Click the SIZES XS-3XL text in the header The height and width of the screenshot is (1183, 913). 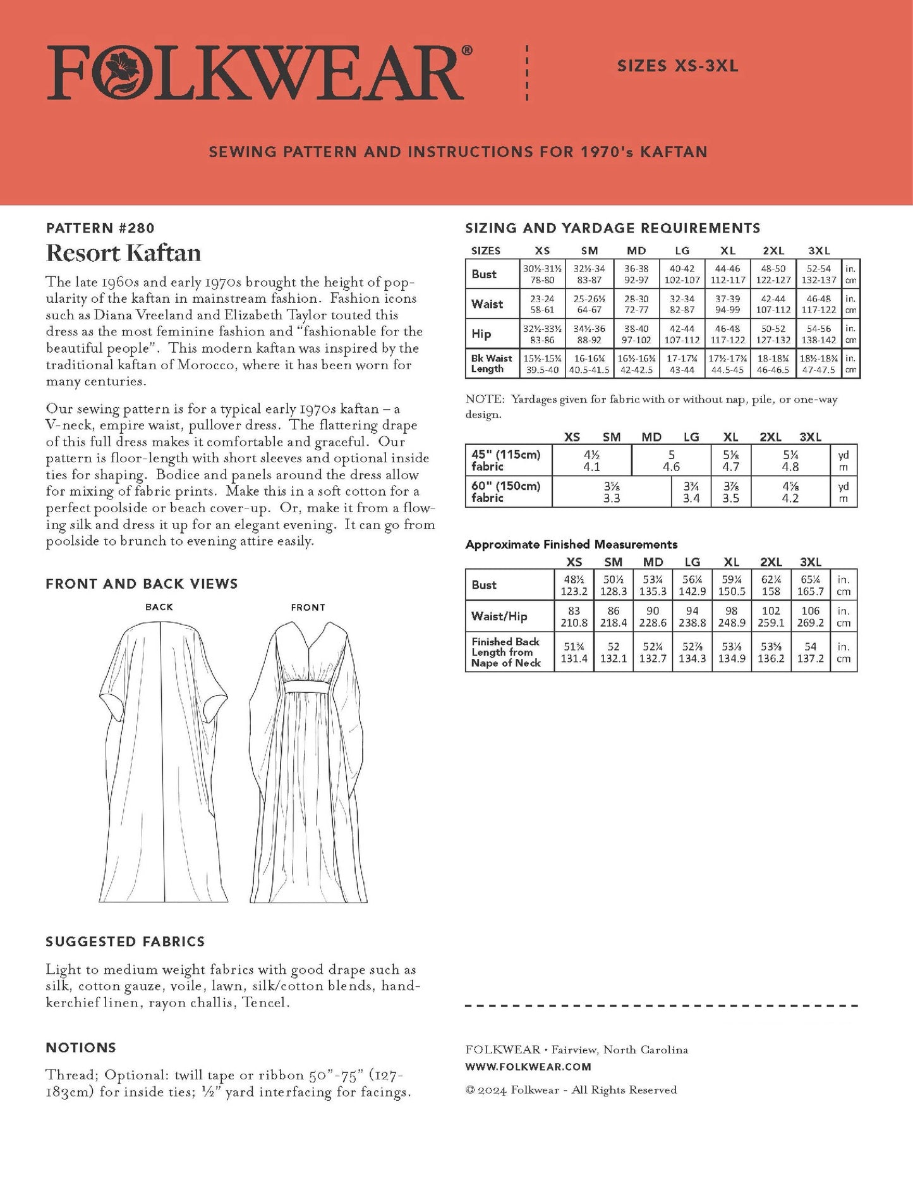pyautogui.click(x=677, y=66)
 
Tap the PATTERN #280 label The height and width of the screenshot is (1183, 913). pyautogui.click(x=100, y=228)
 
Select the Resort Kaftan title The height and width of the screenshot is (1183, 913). pyautogui.click(x=124, y=253)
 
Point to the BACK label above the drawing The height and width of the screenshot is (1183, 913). pyautogui.click(x=159, y=607)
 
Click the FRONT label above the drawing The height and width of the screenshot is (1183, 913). pyautogui.click(x=308, y=607)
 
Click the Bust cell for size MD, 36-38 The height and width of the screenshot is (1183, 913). pyautogui.click(x=636, y=274)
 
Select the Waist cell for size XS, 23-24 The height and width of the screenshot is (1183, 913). pyautogui.click(x=542, y=304)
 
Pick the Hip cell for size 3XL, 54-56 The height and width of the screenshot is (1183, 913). pyautogui.click(x=819, y=334)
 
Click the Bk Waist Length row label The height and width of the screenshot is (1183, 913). pyautogui.click(x=491, y=364)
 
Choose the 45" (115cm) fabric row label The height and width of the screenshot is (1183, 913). pyautogui.click(x=505, y=460)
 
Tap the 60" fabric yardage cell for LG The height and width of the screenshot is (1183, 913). pyautogui.click(x=691, y=492)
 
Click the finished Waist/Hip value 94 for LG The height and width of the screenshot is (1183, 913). pyautogui.click(x=692, y=616)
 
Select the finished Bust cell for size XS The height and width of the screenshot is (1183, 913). pyautogui.click(x=574, y=585)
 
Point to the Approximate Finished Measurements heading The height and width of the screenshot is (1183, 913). pyautogui.click(x=571, y=544)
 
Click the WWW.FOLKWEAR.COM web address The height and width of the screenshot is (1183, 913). pyautogui.click(x=528, y=1067)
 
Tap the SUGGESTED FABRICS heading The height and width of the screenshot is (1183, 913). pyautogui.click(x=125, y=941)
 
